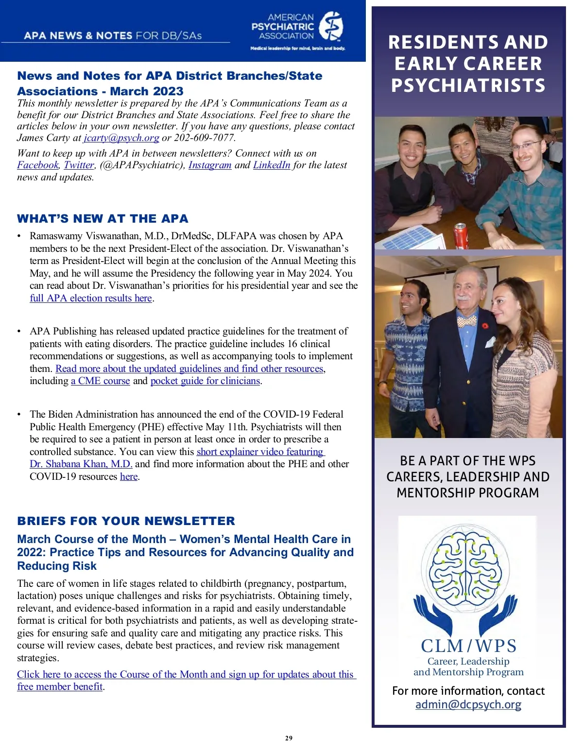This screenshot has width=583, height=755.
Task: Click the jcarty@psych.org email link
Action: [x=121, y=138]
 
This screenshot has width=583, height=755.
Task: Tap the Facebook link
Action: [x=38, y=165]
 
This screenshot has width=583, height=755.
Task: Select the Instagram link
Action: [x=210, y=165]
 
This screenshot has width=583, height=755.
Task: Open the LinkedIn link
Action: [x=272, y=165]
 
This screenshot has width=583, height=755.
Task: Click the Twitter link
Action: [x=79, y=165]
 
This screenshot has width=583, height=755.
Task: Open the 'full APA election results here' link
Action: [x=91, y=298]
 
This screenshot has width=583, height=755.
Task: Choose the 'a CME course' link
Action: [x=101, y=381]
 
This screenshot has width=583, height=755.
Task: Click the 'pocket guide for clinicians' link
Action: [x=206, y=381]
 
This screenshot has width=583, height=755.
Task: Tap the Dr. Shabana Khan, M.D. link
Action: [x=81, y=464]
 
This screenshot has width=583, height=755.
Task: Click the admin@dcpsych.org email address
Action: [x=468, y=705]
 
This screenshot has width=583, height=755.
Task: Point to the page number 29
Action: [x=289, y=738]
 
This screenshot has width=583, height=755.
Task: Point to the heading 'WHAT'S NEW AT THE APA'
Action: [x=103, y=219]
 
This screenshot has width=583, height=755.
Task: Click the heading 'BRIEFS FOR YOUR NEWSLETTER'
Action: [x=126, y=521]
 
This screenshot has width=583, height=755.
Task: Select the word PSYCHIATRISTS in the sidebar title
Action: [x=468, y=86]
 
